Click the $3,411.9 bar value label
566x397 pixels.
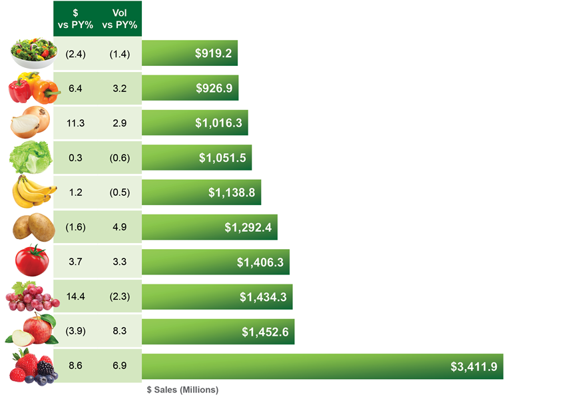click(x=473, y=366)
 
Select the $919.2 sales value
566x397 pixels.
click(x=213, y=53)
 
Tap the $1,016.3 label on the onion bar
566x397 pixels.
click(x=218, y=123)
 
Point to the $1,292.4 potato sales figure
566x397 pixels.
click(x=248, y=227)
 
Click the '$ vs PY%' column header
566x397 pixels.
click(x=75, y=18)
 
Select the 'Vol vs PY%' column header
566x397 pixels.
click(x=119, y=18)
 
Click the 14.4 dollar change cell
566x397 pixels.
click(x=75, y=297)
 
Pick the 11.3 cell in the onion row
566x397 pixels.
click(x=75, y=123)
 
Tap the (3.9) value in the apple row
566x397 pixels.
click(x=75, y=332)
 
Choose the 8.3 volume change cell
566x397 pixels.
click(x=119, y=332)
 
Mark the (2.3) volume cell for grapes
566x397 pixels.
click(x=119, y=297)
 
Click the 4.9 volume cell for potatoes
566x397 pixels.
click(x=119, y=227)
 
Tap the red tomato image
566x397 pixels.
click(x=32, y=261)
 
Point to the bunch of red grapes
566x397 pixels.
click(x=31, y=296)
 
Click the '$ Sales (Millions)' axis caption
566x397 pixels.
click(x=182, y=390)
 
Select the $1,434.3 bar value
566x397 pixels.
click(x=263, y=297)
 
